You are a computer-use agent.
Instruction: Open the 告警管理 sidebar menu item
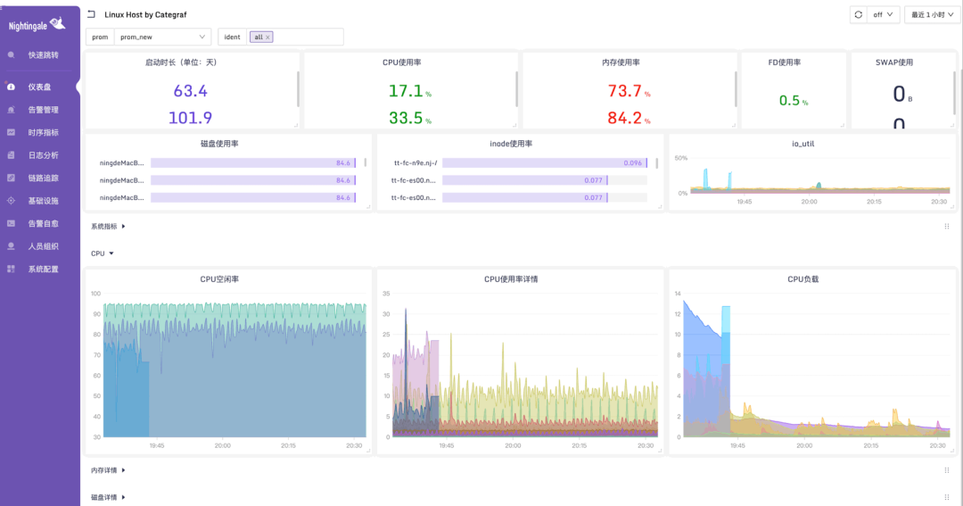(x=43, y=110)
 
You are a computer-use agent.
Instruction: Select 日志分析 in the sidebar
(x=43, y=155)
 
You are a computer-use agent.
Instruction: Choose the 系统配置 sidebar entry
(x=43, y=269)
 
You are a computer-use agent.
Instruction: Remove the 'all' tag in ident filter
(x=267, y=37)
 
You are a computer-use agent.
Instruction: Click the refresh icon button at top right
(x=858, y=14)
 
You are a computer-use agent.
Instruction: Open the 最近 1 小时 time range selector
(x=932, y=14)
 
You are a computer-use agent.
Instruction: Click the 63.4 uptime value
(x=190, y=91)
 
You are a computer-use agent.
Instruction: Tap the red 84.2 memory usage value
(x=624, y=118)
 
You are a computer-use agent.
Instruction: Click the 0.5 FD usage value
(x=789, y=101)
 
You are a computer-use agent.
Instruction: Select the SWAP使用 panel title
(x=893, y=62)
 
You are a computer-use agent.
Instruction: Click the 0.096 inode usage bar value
(x=632, y=163)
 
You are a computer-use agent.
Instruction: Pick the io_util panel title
(x=812, y=144)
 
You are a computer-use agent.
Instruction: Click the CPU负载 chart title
(x=802, y=279)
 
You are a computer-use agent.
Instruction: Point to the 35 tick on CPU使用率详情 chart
(x=387, y=294)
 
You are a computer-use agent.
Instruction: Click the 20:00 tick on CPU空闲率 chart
(x=222, y=445)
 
